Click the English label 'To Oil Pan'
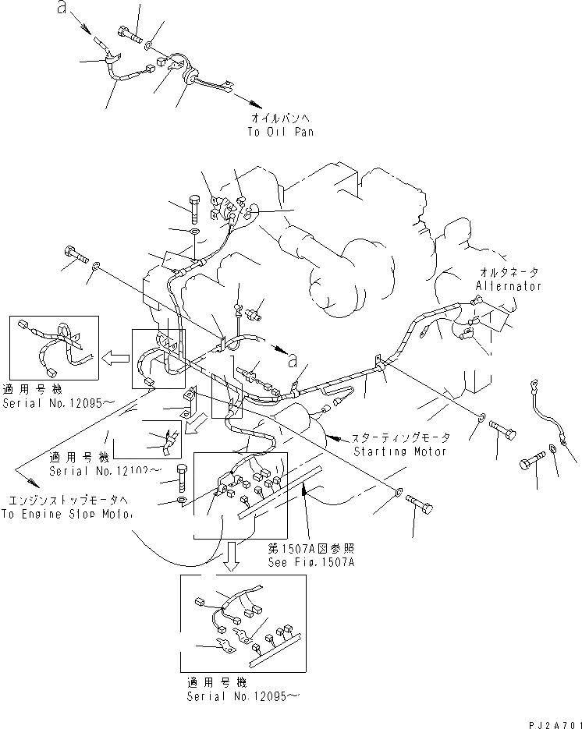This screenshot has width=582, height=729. (282, 132)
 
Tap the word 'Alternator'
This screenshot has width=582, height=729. (508, 286)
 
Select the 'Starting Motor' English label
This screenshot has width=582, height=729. (400, 451)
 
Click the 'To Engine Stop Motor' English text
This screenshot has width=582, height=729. (66, 515)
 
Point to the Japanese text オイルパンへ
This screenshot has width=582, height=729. (281, 119)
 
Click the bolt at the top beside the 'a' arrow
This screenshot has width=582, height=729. (129, 34)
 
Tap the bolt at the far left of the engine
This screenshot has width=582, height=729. (76, 254)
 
